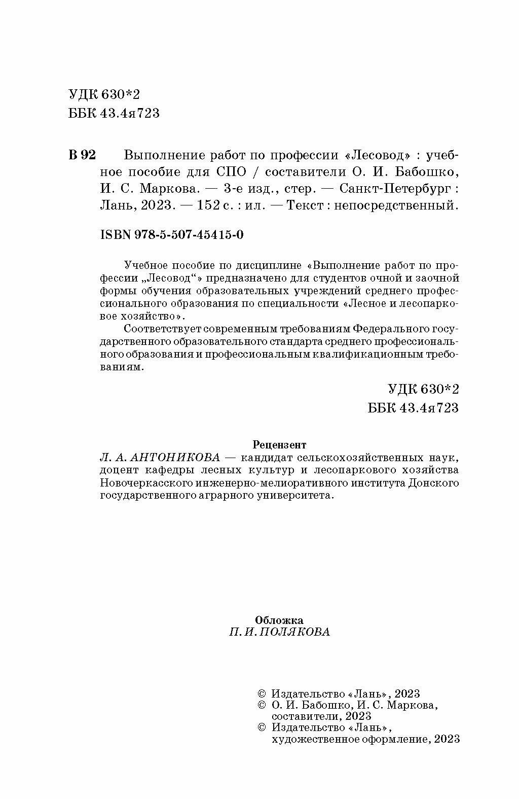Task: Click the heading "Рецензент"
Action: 279,445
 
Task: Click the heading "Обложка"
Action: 279,620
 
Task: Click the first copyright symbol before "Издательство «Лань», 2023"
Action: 262,693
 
